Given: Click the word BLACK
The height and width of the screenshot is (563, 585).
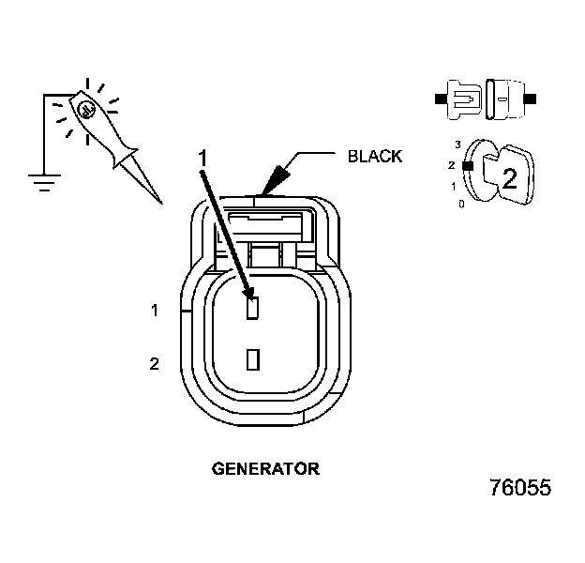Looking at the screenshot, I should coord(374,157).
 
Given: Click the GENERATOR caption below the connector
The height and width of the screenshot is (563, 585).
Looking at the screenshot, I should coord(265,467).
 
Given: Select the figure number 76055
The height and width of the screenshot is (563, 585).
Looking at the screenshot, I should coord(519,488).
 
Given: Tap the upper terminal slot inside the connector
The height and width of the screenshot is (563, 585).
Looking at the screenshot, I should coord(251,307).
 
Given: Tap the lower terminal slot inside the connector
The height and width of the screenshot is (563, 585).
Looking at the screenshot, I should coord(251,359).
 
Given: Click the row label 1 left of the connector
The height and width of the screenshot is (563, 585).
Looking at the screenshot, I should coord(155,310).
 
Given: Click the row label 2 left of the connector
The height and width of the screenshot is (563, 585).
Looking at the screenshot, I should coord(155,363).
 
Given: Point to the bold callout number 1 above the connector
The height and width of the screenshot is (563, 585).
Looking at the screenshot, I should coord(200,159).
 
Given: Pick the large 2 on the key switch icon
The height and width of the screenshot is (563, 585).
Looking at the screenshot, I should coord(509,178).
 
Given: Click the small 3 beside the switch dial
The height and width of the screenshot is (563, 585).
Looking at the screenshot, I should coord(457,145).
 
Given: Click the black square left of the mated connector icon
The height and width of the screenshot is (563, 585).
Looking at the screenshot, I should coord(441,97).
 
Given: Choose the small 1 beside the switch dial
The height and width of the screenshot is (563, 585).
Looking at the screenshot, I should coord(454,186).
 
